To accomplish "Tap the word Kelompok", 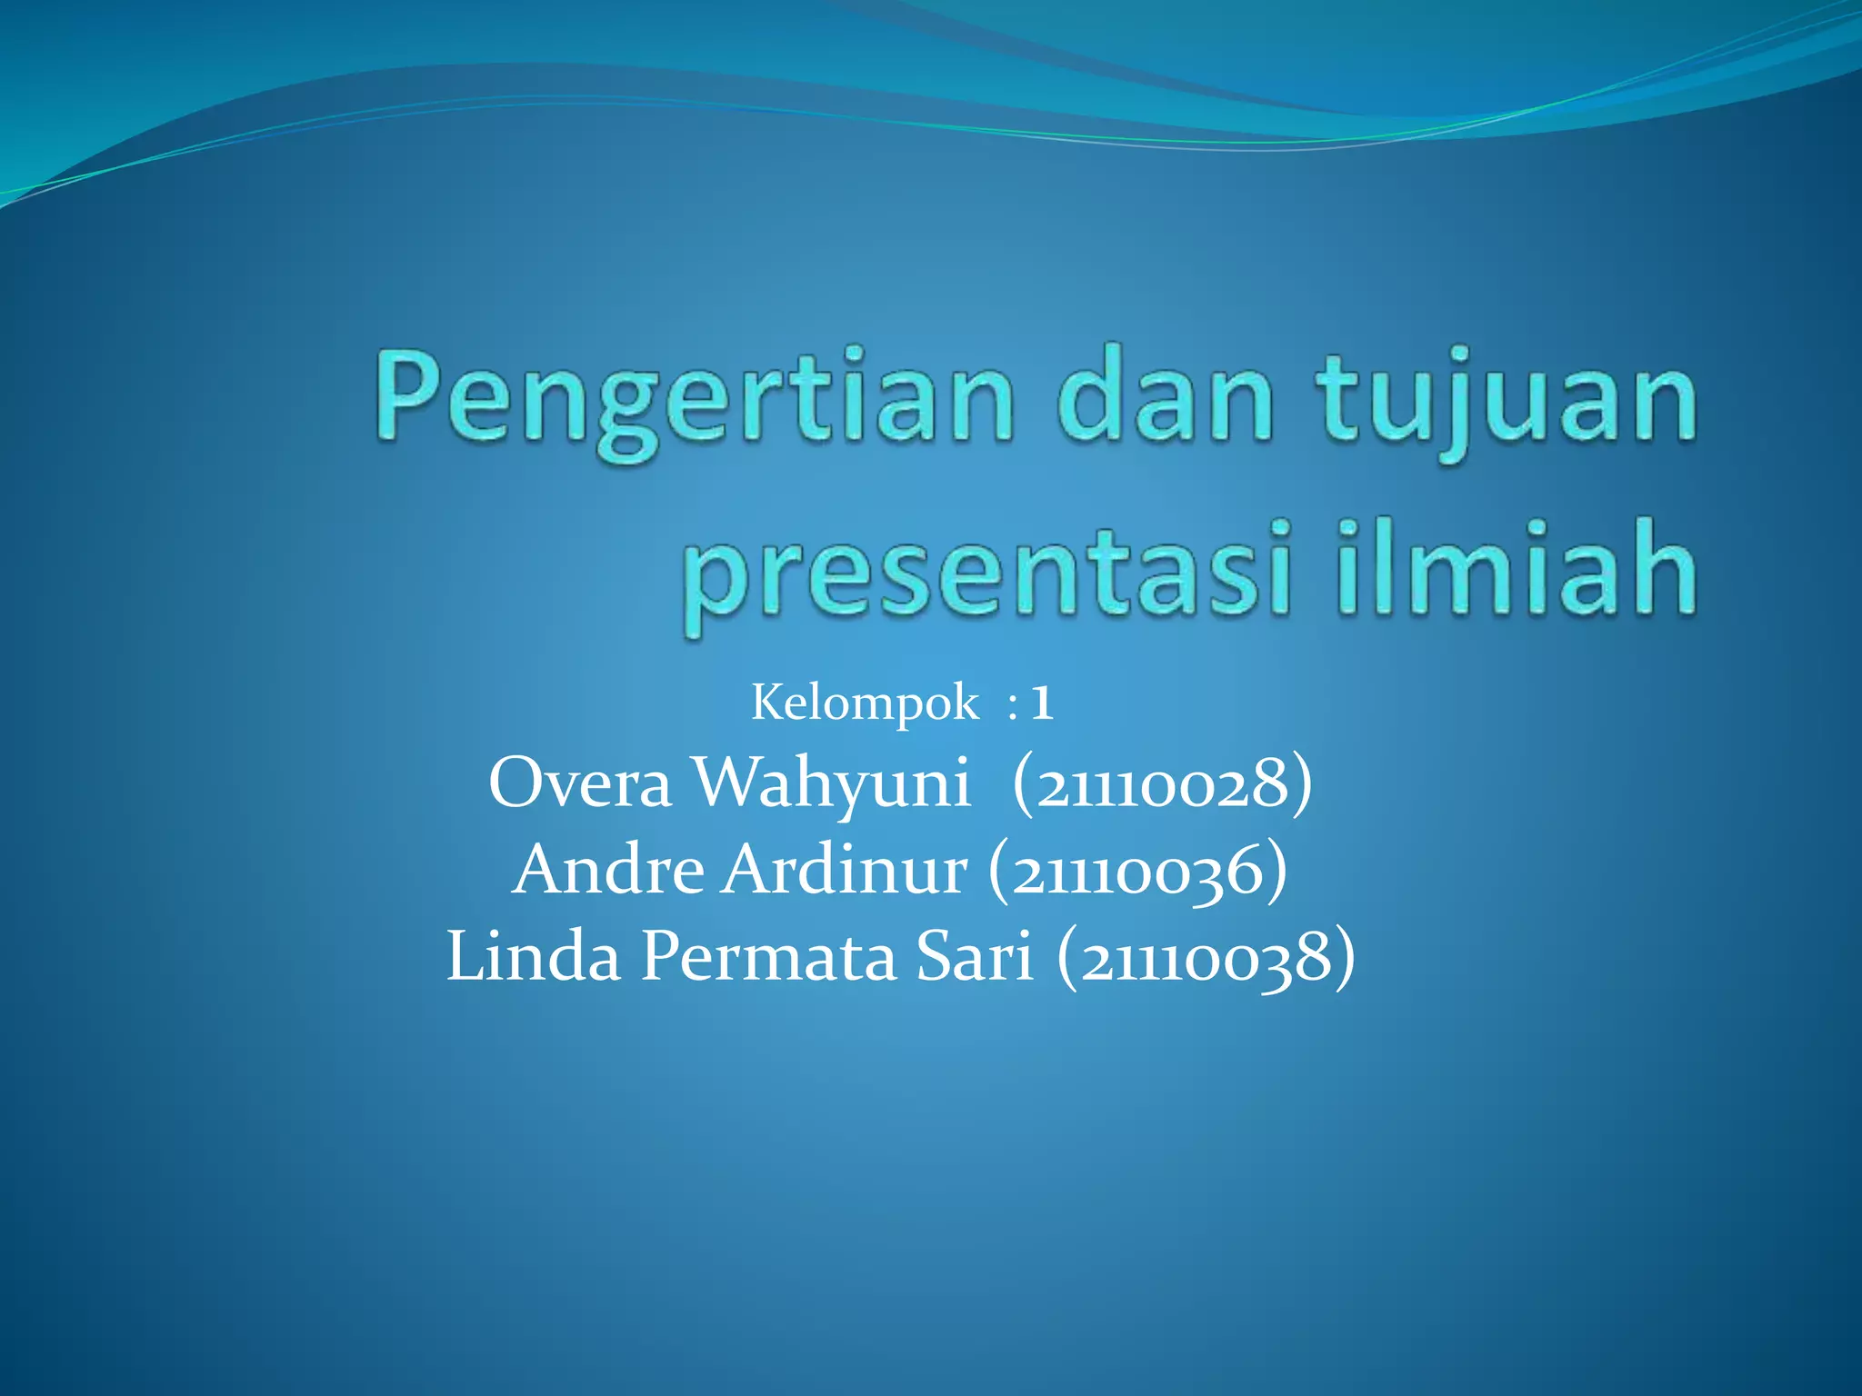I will [865, 703].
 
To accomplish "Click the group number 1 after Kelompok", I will [1042, 703].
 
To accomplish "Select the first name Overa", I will [579, 783].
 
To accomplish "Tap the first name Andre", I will [607, 870].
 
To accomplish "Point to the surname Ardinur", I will [845, 870].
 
